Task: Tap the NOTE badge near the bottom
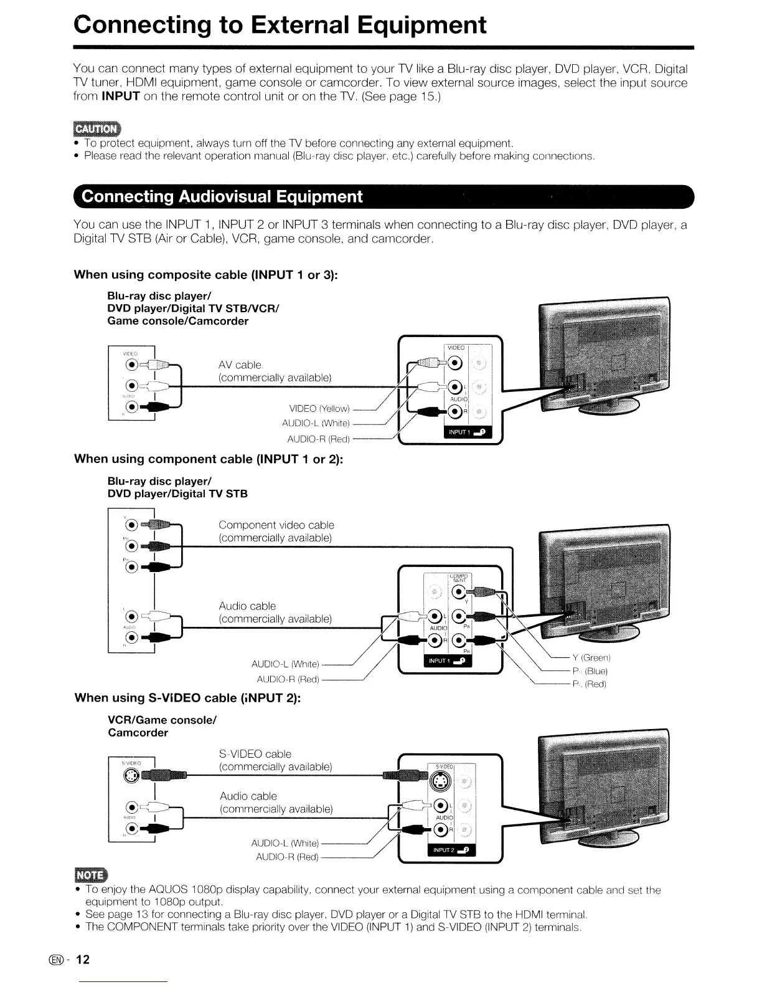point(90,875)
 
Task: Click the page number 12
point(83,960)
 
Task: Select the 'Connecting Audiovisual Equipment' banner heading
point(222,197)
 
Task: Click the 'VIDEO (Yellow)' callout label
point(319,409)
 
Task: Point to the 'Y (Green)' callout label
point(591,657)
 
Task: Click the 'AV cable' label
point(240,365)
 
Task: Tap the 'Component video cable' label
point(276,525)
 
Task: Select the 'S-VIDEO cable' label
point(255,754)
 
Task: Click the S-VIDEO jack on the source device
point(133,775)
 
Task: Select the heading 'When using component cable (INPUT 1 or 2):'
point(209,459)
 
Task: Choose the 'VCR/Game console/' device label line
point(162,720)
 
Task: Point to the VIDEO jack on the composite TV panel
point(455,363)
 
